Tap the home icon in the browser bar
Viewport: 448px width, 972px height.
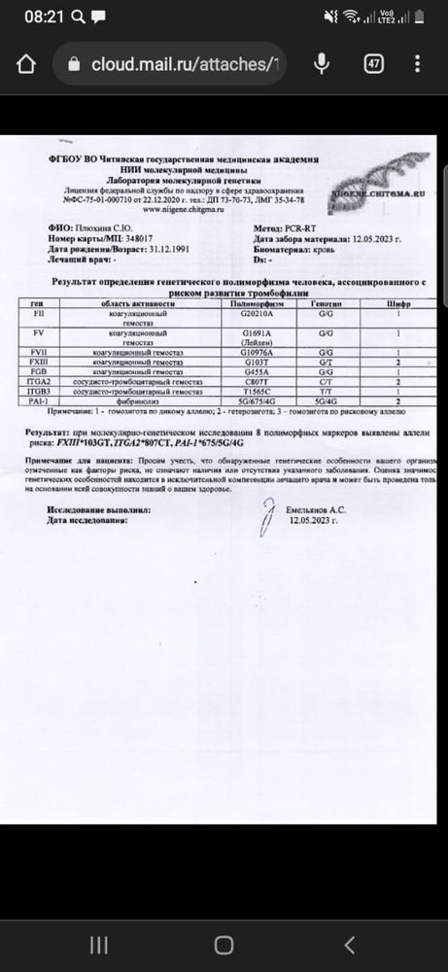(26, 65)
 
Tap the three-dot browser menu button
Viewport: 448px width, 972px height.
(421, 64)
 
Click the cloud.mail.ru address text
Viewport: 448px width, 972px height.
(185, 64)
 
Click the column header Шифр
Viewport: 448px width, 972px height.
(395, 304)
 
